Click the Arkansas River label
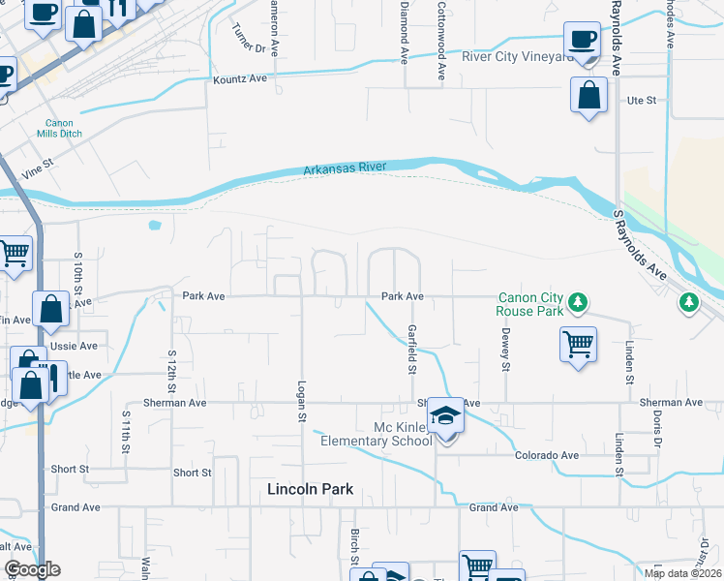(345, 168)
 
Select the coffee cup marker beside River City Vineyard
(583, 41)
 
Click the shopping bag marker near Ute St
(588, 97)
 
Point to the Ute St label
(642, 100)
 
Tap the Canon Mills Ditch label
(60, 128)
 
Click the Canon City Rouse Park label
(529, 304)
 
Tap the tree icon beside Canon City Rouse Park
(578, 303)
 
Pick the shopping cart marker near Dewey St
(578, 344)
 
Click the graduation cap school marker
(445, 416)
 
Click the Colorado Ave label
(546, 455)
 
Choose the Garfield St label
(411, 350)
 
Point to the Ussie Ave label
(78, 346)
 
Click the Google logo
(32, 569)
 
